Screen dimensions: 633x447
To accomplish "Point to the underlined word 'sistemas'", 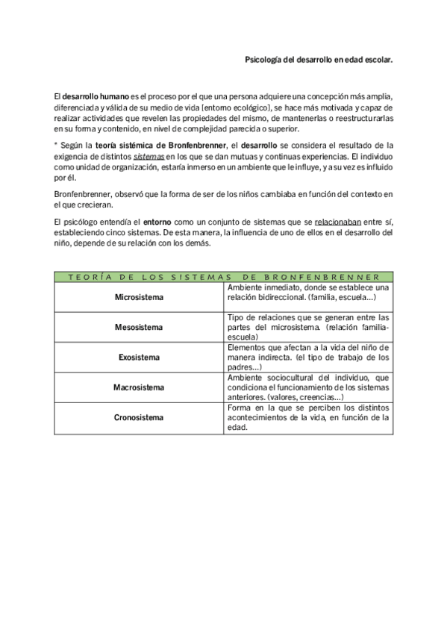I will (149, 156).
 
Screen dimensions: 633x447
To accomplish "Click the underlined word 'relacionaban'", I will (339, 222).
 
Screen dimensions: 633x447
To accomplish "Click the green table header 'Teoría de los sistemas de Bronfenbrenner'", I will (224, 276).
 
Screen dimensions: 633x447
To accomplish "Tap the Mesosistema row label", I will (139, 327).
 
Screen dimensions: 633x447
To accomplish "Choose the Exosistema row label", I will (139, 358).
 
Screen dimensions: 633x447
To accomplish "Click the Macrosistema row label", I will (139, 387).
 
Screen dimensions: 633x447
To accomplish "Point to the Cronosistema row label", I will (139, 417).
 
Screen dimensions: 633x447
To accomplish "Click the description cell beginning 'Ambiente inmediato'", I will (307, 293).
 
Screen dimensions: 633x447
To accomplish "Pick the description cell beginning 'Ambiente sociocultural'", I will (307, 387).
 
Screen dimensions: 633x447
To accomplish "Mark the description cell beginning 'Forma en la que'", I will (307, 418).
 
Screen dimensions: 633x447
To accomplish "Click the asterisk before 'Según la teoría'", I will (56, 146).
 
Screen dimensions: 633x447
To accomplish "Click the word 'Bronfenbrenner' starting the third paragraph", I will (81, 194).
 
